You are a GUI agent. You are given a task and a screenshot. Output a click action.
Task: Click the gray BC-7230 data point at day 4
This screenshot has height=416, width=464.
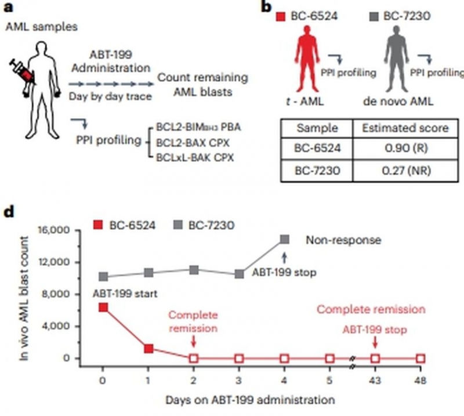point(284,239)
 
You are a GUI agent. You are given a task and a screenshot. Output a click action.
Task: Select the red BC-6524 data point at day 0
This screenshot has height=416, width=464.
point(103,307)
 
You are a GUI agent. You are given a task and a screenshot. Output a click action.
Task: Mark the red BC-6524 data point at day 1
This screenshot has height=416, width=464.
point(148,349)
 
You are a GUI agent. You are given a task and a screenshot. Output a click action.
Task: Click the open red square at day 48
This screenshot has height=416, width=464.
point(420,358)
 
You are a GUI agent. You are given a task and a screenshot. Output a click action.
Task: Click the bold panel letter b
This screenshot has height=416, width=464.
point(266,8)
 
